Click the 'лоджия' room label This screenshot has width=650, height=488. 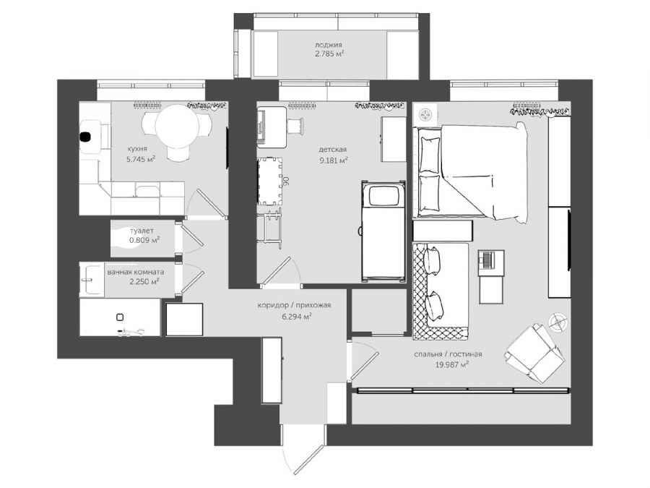[329, 46]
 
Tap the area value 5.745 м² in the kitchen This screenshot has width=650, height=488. [141, 158]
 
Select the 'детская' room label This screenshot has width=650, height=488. [332, 150]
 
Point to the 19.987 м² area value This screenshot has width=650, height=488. [452, 365]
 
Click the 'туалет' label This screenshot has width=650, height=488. [142, 231]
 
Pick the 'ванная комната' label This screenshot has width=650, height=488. [136, 273]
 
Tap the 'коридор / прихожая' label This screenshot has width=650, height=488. [295, 305]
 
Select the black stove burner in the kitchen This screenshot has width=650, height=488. [86, 136]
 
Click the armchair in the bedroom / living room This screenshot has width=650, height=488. [534, 353]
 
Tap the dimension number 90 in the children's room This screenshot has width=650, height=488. [285, 181]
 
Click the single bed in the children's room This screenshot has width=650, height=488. [383, 231]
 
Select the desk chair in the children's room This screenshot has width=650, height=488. [295, 125]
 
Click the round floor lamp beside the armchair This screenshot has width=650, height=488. [558, 322]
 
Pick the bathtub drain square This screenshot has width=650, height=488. [120, 317]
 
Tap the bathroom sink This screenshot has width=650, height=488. [91, 279]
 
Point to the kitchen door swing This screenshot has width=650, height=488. [206, 203]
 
